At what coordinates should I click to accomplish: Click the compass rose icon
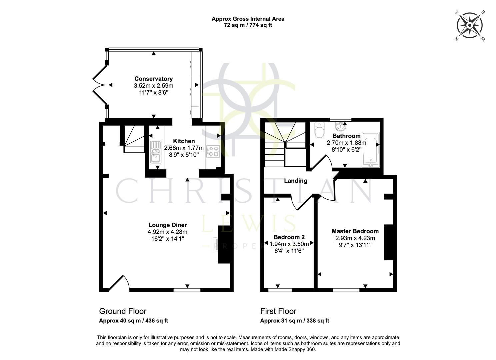coord(470,25)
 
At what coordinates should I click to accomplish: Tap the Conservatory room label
coord(153,79)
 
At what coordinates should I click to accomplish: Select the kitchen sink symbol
coord(155,152)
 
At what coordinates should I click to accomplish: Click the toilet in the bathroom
coord(319,130)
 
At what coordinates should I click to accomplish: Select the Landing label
coord(295,181)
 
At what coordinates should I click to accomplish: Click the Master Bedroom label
coord(355,231)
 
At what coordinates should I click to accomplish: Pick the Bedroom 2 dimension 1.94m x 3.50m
coord(289,244)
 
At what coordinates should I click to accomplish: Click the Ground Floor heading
coord(123,311)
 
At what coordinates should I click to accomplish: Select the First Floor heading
coord(278,311)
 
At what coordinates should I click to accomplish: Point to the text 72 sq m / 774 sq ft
coord(248,25)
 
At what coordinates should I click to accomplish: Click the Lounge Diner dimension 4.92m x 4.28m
coord(167,232)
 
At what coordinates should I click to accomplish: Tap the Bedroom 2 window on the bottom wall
coord(280,290)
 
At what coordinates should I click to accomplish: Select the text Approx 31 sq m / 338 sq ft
coord(294,321)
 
